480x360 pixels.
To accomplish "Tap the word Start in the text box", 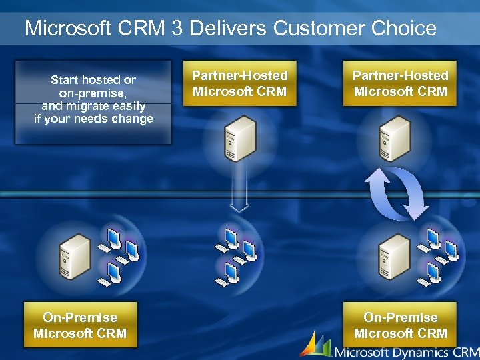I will click(65, 80).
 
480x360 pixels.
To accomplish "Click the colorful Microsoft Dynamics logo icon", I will click(315, 345).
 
